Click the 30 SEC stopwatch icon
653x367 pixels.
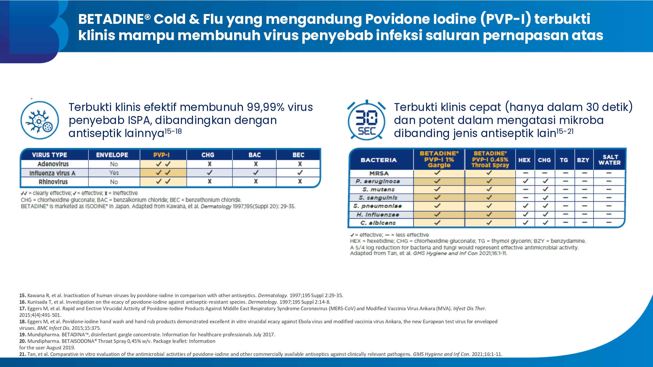pyautogui.click(x=366, y=120)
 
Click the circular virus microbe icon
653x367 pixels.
pyautogui.click(x=40, y=120)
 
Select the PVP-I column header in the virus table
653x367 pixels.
pyautogui.click(x=161, y=155)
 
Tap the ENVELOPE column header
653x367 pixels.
pyautogui.click(x=112, y=155)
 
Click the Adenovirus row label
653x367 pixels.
pyautogui.click(x=53, y=164)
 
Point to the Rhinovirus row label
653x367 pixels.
pyautogui.click(x=53, y=182)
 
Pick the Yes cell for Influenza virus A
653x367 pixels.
pyautogui.click(x=114, y=173)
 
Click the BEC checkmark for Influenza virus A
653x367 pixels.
pyautogui.click(x=300, y=173)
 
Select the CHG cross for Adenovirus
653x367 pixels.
pyautogui.click(x=210, y=164)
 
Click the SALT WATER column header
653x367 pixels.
pyautogui.click(x=610, y=160)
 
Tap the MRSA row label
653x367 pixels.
pyautogui.click(x=379, y=174)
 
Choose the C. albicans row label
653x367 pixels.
pyautogui.click(x=378, y=223)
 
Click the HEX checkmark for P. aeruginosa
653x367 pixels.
pyautogui.click(x=525, y=181)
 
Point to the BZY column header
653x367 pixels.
pyautogui.click(x=583, y=160)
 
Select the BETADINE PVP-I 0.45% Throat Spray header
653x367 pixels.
pyautogui.click(x=490, y=159)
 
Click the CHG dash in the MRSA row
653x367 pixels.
pyautogui.click(x=544, y=173)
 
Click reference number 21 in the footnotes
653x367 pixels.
pyautogui.click(x=23, y=354)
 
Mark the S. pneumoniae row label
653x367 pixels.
pyautogui.click(x=377, y=206)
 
